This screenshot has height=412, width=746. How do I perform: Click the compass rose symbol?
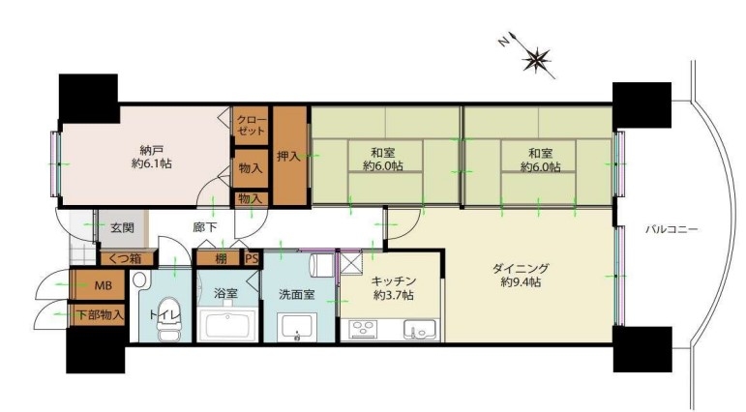point(536,59)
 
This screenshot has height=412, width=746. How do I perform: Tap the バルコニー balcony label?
point(671,230)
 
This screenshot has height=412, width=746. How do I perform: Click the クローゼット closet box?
point(251,126)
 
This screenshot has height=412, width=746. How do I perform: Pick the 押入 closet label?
point(288,156)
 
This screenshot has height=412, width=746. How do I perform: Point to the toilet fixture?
point(169,318)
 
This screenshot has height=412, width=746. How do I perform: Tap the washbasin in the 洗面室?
point(297,327)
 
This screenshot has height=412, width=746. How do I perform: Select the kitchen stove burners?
point(364,329)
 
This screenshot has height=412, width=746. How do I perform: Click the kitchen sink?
point(420,329)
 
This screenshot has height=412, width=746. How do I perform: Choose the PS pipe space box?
point(252,259)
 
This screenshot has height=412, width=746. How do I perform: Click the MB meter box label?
point(104,285)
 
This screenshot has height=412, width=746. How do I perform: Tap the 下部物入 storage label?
point(101,314)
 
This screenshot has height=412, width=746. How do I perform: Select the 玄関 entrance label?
point(122,228)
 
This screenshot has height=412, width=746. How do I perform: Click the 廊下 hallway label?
point(204,227)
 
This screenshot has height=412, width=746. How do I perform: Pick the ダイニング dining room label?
point(520,269)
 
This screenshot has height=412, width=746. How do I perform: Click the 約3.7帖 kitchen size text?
point(394,295)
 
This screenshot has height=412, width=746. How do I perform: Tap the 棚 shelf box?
point(219,259)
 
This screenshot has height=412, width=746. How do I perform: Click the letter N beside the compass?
point(503,43)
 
